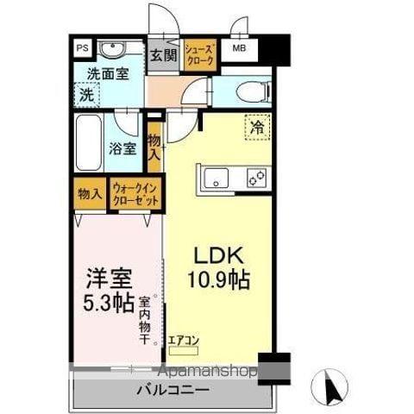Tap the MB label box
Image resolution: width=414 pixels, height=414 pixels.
coord(239,49)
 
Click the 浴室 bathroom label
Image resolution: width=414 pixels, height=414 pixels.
coord(122,147)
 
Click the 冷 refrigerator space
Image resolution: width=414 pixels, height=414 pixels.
coord(256,126)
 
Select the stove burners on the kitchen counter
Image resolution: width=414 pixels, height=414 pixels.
coord(255,179)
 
